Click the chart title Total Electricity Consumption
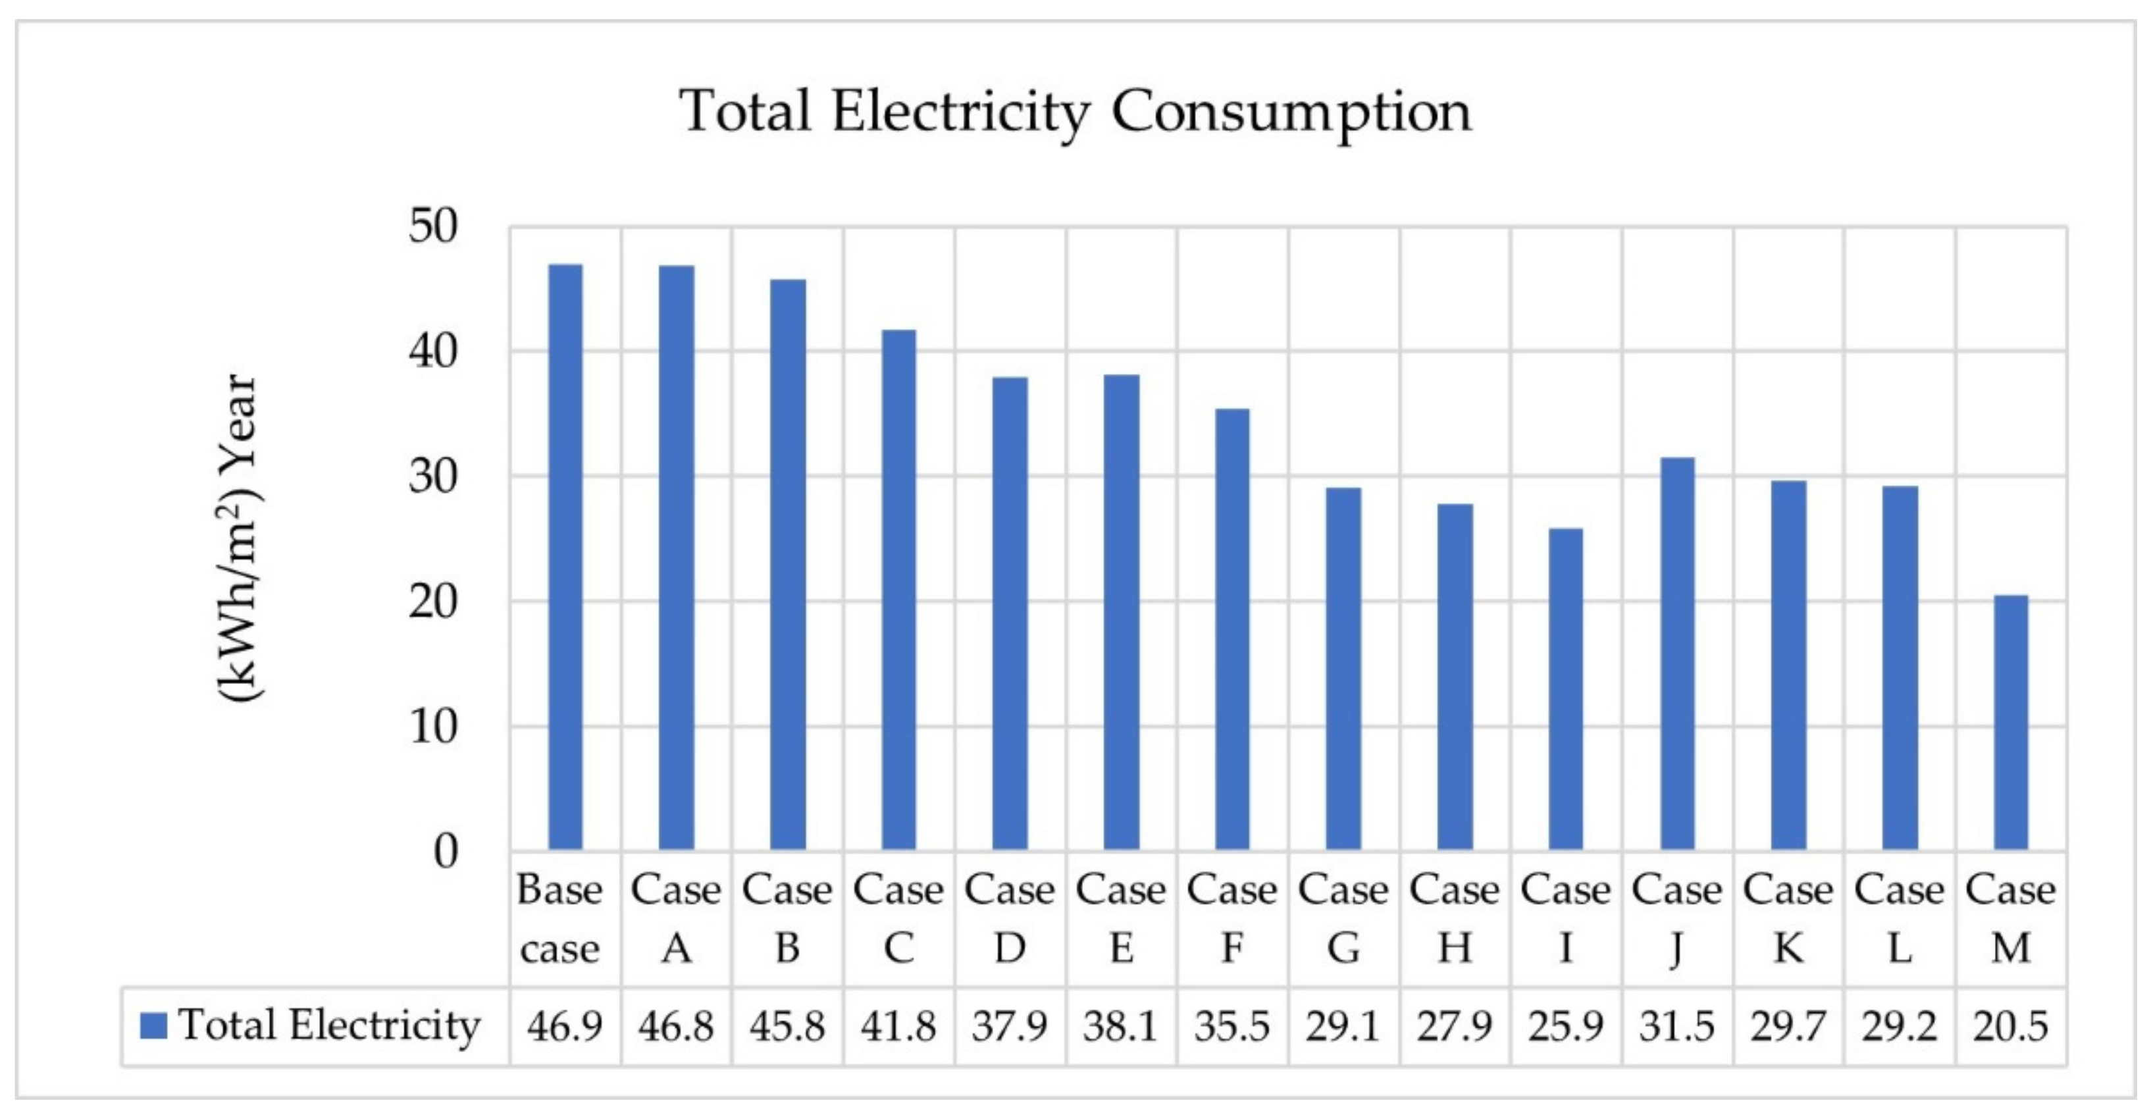pos(1075,111)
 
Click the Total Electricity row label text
pos(329,1025)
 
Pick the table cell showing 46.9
pos(565,1026)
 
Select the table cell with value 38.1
pos(1121,1026)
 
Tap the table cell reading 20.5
pos(2011,1026)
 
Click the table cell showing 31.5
pos(1676,1026)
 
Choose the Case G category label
pos(1343,918)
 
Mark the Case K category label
pos(1788,918)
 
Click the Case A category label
pos(675,918)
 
